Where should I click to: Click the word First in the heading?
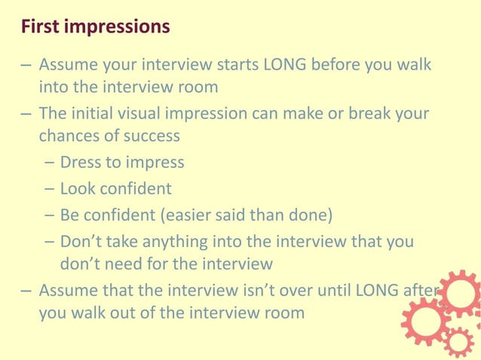(x=40, y=27)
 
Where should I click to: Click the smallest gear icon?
(x=458, y=342)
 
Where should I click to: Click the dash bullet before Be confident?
(x=50, y=215)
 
